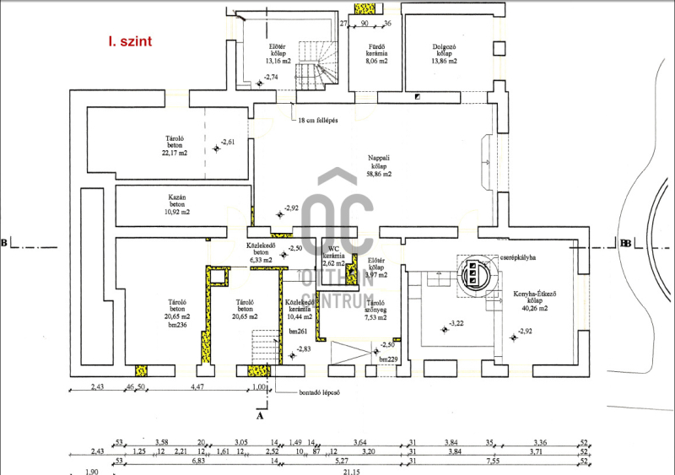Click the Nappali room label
(379, 165)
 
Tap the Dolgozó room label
(444, 53)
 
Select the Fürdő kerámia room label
(377, 53)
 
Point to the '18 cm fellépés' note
(318, 121)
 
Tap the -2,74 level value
(272, 78)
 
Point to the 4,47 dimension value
(197, 386)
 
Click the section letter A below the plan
(260, 414)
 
